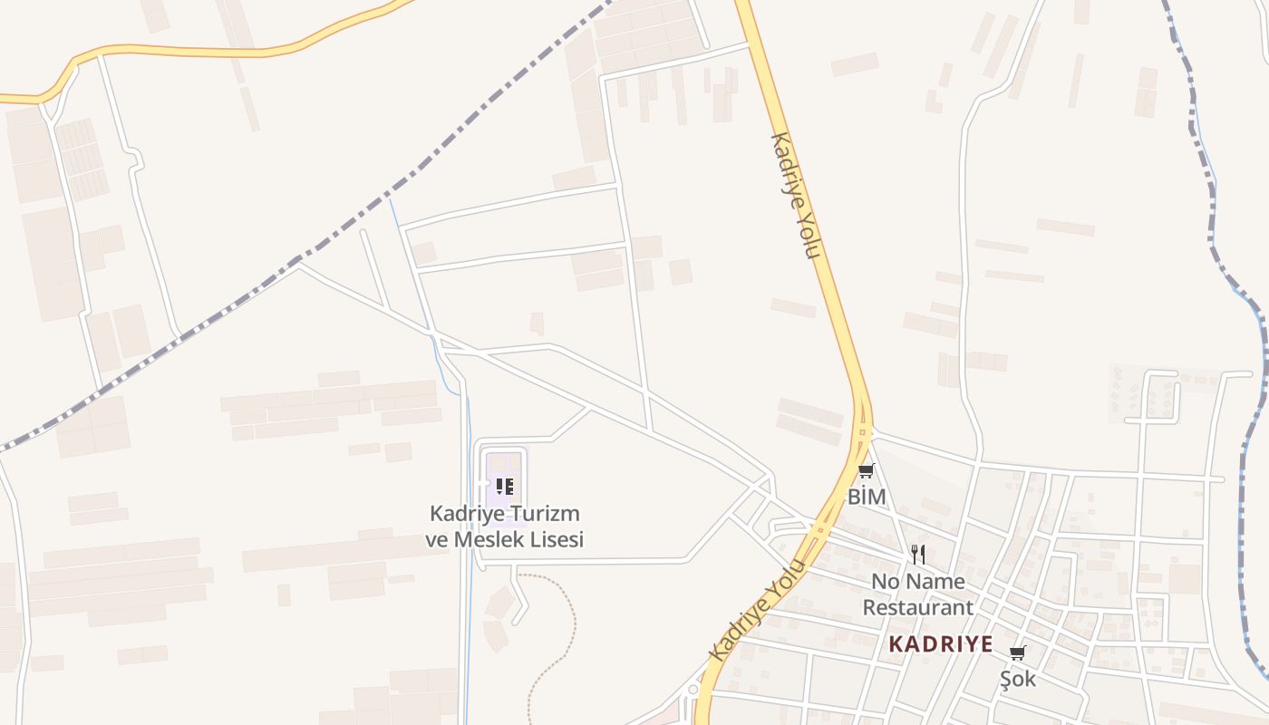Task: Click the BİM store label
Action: [867, 497]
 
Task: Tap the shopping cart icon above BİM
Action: [867, 470]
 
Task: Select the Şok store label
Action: [1018, 678]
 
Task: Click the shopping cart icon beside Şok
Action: [1018, 652]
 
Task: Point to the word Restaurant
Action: [917, 606]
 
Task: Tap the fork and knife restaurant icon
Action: [918, 554]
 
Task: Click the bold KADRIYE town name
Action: [941, 644]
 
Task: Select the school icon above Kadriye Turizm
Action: [505, 487]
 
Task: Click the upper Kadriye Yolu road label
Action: [795, 195]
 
